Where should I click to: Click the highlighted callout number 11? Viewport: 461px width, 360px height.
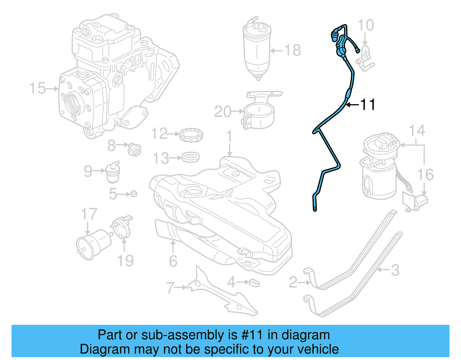click(x=368, y=105)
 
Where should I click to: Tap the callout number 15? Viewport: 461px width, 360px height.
click(x=37, y=88)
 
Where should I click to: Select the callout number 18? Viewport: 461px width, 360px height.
click(x=293, y=50)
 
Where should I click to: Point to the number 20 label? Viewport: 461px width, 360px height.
click(x=223, y=112)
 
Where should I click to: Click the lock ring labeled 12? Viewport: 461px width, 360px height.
click(x=191, y=135)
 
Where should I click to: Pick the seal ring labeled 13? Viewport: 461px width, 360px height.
click(x=191, y=158)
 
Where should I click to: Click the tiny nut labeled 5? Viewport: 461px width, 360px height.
click(x=133, y=194)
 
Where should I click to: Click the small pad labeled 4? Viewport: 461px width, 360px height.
click(x=254, y=283)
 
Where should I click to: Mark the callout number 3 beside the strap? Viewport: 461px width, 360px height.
click(x=395, y=270)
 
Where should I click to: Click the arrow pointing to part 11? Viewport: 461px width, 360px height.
click(x=352, y=105)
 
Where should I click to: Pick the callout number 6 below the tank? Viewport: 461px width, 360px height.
click(x=173, y=261)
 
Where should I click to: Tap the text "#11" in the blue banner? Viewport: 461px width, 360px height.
click(x=252, y=335)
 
